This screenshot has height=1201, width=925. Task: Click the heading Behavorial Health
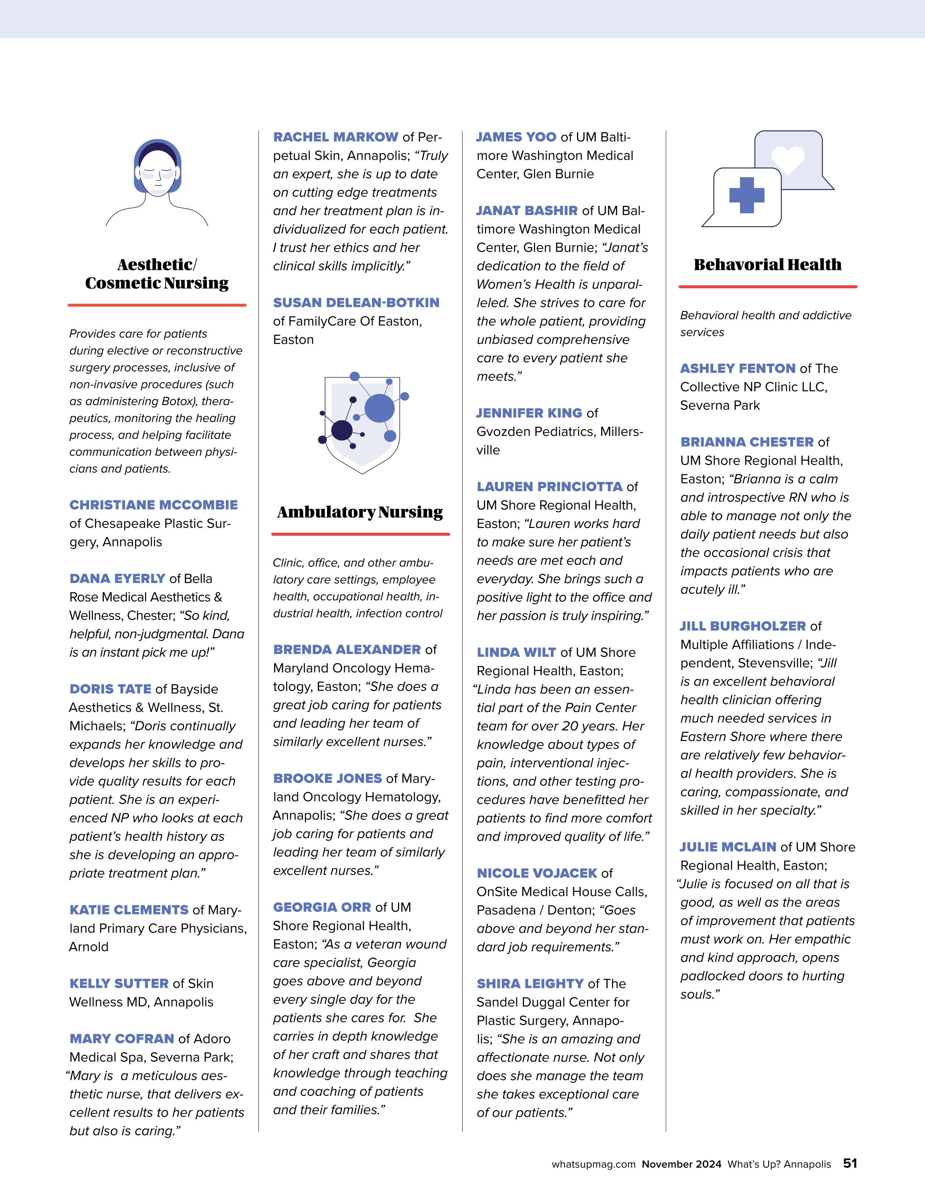tap(767, 264)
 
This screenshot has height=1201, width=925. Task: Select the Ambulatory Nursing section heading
tap(360, 512)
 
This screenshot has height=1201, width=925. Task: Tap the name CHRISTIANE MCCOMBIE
tap(154, 505)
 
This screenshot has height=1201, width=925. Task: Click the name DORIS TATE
tap(110, 689)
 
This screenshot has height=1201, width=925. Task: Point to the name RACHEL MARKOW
tap(335, 137)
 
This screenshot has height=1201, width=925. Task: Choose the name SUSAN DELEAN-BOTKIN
tap(356, 302)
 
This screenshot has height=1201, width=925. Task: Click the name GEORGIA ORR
tap(322, 907)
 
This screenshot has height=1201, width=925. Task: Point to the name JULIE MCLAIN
tap(728, 847)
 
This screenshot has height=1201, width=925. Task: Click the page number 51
tap(850, 1163)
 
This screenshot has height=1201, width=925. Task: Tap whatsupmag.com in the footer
tap(593, 1164)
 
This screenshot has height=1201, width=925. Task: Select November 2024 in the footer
tap(681, 1164)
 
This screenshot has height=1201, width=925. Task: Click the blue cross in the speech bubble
tap(746, 195)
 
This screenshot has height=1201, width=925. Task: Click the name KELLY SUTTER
tap(119, 983)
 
